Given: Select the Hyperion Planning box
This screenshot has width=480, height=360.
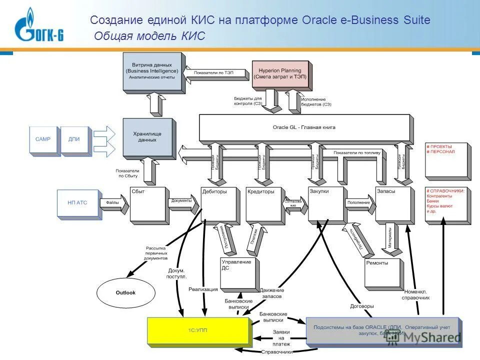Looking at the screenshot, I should [279, 74].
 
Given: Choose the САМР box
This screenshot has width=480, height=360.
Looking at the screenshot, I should [43, 140].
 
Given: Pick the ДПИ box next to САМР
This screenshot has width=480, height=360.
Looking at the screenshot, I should [73, 140].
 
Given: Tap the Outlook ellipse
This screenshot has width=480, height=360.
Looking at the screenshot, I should [125, 293].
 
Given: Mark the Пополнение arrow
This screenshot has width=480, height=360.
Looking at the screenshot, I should [359, 203].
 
